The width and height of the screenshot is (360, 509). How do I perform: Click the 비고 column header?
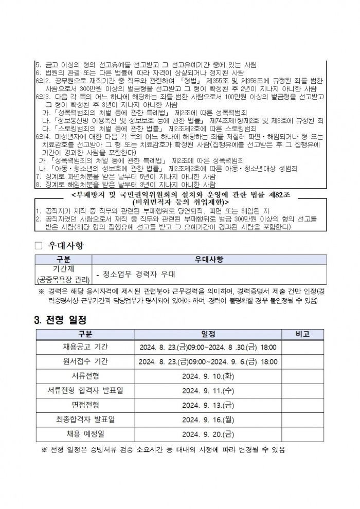pyautogui.click(x=302, y=334)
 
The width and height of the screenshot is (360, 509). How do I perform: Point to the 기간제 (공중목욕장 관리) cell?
pyautogui.click(x=64, y=275)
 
